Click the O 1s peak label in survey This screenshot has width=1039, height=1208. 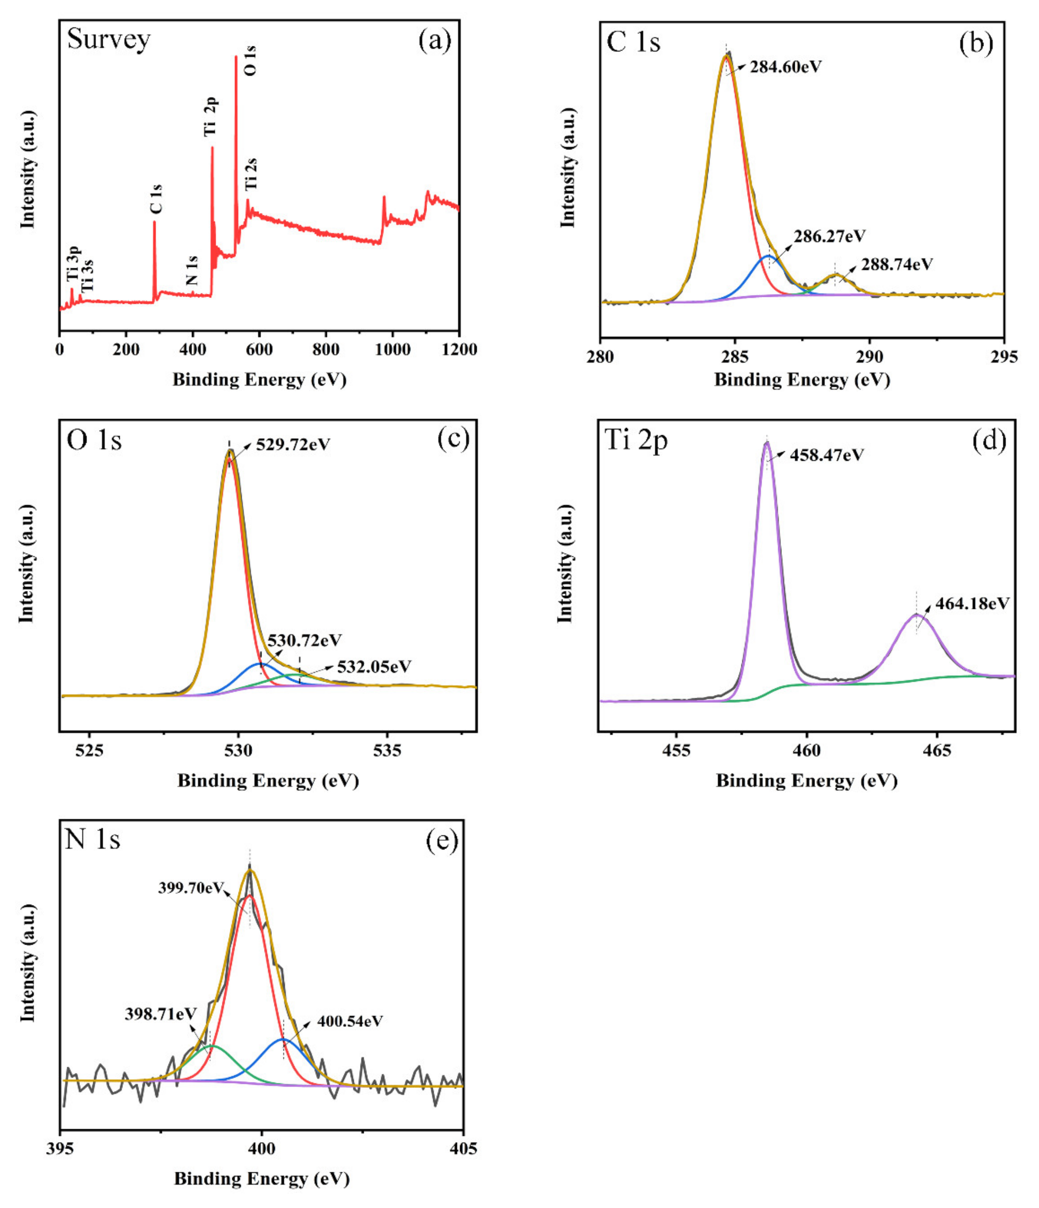[250, 61]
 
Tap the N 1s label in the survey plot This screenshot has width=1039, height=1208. [192, 270]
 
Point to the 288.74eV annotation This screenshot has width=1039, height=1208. [897, 265]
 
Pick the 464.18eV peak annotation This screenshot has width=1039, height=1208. [972, 604]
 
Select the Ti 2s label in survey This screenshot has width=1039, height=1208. [251, 174]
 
